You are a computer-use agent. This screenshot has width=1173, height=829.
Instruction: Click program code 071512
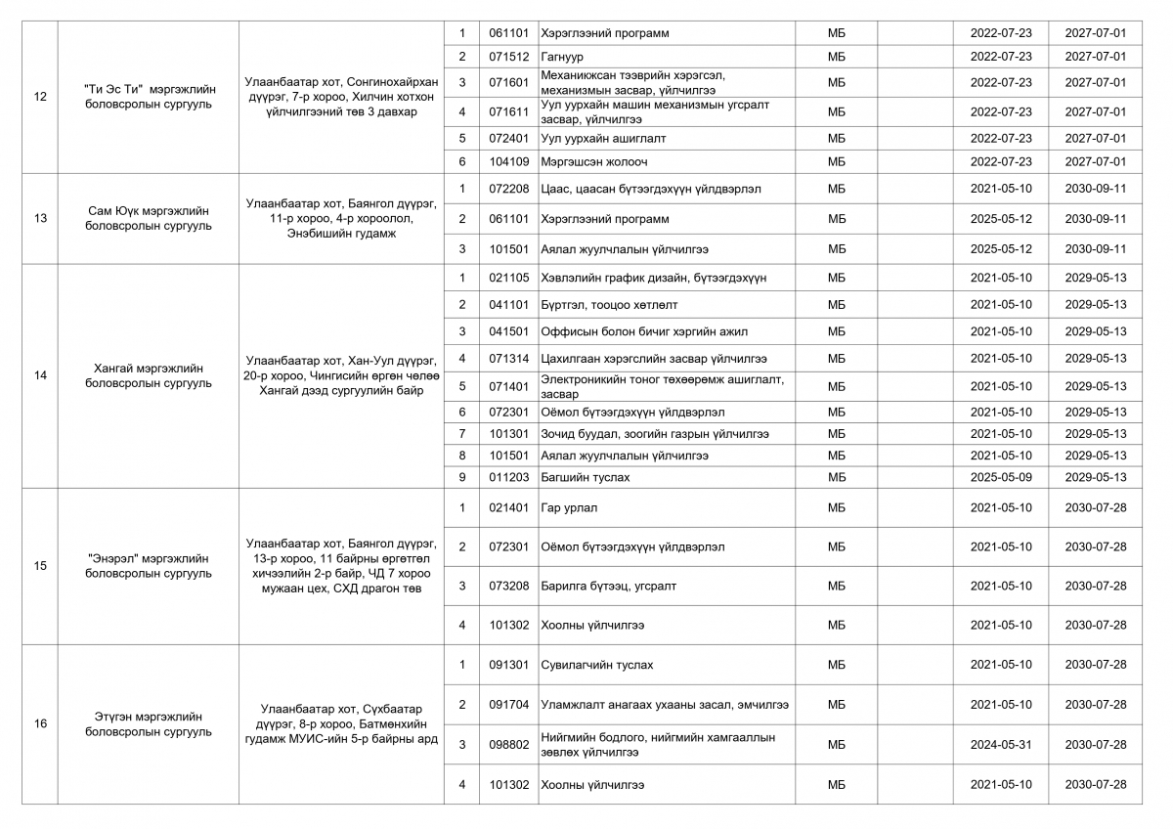pyautogui.click(x=508, y=57)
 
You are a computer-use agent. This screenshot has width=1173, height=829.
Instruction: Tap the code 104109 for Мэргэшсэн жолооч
pyautogui.click(x=508, y=161)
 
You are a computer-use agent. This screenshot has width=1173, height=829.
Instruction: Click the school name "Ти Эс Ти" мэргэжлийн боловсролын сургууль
pyautogui.click(x=149, y=96)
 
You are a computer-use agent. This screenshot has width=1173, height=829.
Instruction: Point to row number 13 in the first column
pyautogui.click(x=40, y=218)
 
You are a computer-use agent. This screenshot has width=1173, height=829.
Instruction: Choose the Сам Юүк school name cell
pyautogui.click(x=149, y=218)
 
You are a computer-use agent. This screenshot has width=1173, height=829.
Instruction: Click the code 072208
pyautogui.click(x=508, y=189)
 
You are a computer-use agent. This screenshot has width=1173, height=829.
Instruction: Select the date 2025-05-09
pyautogui.click(x=1000, y=477)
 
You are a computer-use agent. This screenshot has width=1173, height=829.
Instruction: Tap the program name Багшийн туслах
pyautogui.click(x=585, y=477)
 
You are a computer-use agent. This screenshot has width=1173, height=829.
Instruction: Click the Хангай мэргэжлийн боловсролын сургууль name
pyautogui.click(x=149, y=375)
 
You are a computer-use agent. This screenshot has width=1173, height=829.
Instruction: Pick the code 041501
pyautogui.click(x=508, y=331)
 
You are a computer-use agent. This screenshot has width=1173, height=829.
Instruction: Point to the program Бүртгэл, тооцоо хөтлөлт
pyautogui.click(x=608, y=305)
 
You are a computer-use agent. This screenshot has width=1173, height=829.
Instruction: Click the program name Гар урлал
pyautogui.click(x=568, y=507)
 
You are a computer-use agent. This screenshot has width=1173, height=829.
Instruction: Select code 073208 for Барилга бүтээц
pyautogui.click(x=508, y=586)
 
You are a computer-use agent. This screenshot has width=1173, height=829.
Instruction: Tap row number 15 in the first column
pyautogui.click(x=40, y=566)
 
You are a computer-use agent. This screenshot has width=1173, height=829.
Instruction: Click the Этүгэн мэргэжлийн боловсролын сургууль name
pyautogui.click(x=149, y=723)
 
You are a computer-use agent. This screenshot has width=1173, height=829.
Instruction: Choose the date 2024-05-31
pyautogui.click(x=1000, y=744)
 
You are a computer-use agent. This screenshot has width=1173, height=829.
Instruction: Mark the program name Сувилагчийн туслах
pyautogui.click(x=596, y=665)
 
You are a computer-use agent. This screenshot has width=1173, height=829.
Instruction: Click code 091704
pyautogui.click(x=508, y=704)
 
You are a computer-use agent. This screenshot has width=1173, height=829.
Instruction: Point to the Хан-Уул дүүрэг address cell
pyautogui.click(x=341, y=375)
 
